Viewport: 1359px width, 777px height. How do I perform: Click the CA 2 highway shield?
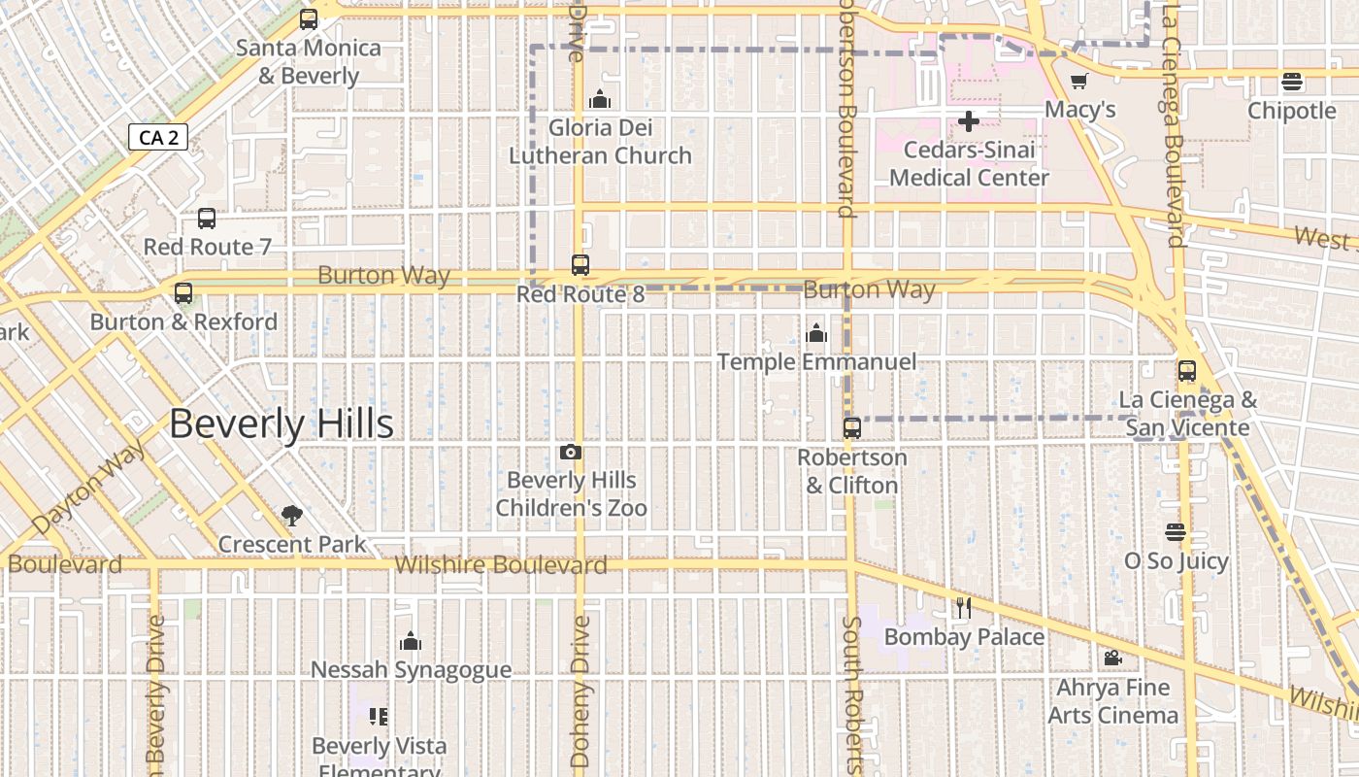(x=157, y=137)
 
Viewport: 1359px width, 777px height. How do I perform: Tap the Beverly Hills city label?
(x=282, y=424)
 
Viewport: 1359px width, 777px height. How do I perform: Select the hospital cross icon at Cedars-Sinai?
(x=968, y=121)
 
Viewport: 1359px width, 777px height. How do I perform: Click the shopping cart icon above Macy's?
(x=1078, y=81)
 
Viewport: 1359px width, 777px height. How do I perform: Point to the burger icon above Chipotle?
(x=1291, y=82)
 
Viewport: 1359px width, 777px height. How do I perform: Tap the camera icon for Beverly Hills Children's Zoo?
(x=571, y=452)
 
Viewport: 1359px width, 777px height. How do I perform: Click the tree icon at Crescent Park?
(x=291, y=516)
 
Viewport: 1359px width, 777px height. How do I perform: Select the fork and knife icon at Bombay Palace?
(x=963, y=608)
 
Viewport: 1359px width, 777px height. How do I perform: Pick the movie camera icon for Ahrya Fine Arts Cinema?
(x=1112, y=659)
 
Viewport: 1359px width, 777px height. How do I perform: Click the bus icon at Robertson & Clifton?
(x=851, y=427)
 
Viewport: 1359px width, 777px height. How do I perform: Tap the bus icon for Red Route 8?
(x=580, y=264)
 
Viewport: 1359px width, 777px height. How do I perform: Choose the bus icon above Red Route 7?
(x=206, y=219)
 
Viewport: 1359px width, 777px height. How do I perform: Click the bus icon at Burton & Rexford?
(x=183, y=292)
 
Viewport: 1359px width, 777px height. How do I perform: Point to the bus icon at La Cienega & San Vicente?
(x=1186, y=370)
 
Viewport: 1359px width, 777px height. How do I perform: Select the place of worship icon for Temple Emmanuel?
(x=816, y=333)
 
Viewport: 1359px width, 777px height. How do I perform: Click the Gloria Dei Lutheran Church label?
(x=600, y=142)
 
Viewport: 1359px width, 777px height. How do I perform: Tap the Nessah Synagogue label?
(x=411, y=669)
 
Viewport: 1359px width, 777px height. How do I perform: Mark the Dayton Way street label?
(x=89, y=487)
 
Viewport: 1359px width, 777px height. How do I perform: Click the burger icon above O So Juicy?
(x=1175, y=532)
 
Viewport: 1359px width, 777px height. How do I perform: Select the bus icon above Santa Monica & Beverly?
(x=309, y=18)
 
